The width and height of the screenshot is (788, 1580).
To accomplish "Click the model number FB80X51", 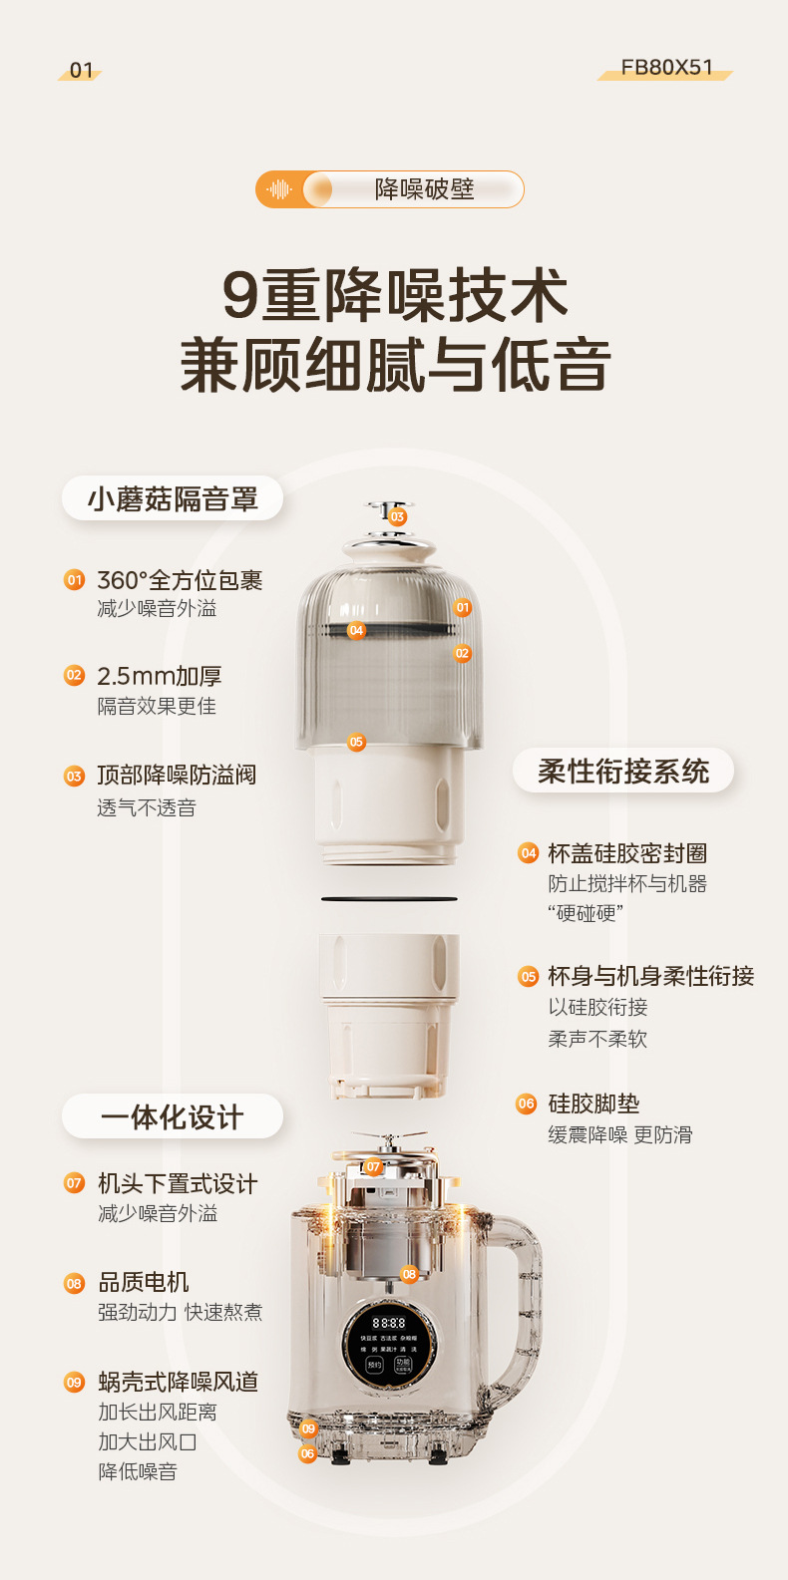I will [x=666, y=68].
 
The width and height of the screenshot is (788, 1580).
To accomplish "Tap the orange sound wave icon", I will [x=280, y=189].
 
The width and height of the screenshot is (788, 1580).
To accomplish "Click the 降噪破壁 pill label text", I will [x=424, y=189].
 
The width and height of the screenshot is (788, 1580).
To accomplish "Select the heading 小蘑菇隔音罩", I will [x=173, y=498].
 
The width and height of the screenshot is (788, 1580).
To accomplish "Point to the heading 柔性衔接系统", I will [x=623, y=771].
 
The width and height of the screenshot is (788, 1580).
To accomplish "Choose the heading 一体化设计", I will [x=172, y=1117].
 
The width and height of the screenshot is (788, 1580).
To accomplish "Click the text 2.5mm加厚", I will [x=160, y=676].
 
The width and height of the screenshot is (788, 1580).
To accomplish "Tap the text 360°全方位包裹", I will [x=180, y=580].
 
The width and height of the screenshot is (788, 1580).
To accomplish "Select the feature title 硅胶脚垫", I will [x=593, y=1104].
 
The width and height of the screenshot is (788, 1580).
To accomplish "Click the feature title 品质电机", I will [x=144, y=1282].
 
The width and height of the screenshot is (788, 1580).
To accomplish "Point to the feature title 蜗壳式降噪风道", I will [x=179, y=1382].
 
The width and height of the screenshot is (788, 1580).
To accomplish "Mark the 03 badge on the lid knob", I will [x=397, y=516].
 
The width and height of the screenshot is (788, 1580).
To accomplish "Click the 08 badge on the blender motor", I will [x=409, y=1274].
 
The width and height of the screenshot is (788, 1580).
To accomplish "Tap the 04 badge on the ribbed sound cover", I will [x=356, y=630].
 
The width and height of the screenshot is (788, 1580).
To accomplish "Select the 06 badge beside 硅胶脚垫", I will [x=527, y=1104].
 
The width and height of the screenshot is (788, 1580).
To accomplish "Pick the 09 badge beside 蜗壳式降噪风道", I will [x=75, y=1382].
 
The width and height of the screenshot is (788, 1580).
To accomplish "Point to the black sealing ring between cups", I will [x=389, y=899].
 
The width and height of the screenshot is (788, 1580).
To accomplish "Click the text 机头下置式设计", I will [x=178, y=1183].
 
